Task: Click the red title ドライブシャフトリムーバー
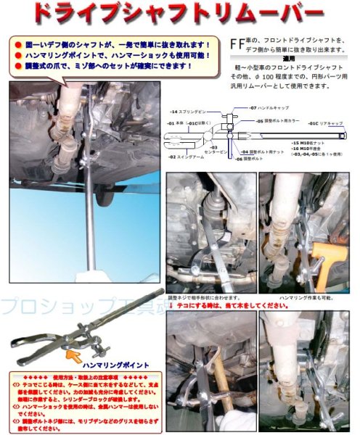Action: [179, 13]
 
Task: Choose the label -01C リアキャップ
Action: [334, 123]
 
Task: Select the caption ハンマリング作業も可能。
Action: [299, 298]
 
